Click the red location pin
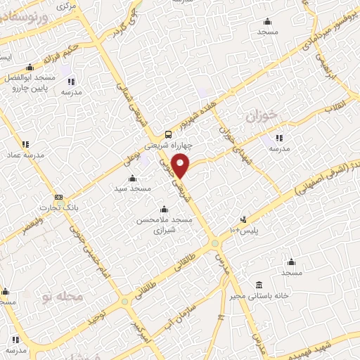point(181,167)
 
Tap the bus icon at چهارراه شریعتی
point(167,134)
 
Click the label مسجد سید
point(131,188)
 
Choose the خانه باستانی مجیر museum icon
point(259,285)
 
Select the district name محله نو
point(63,297)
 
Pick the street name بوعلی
point(129,160)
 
